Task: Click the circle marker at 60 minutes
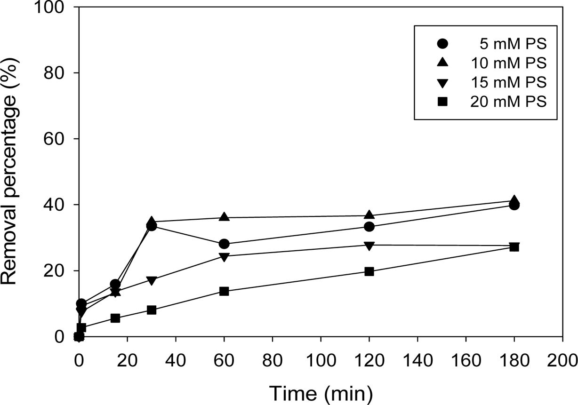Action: pyautogui.click(x=224, y=244)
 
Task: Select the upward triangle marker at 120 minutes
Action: pyautogui.click(x=369, y=215)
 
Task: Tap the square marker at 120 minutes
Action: pyautogui.click(x=369, y=271)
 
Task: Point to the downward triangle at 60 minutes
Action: pyautogui.click(x=224, y=256)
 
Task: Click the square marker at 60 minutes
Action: pyautogui.click(x=224, y=291)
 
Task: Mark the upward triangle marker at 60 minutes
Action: pyautogui.click(x=224, y=217)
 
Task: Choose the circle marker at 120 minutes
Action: pyautogui.click(x=369, y=227)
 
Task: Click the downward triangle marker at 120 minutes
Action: pyautogui.click(x=369, y=245)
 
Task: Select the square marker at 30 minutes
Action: pyautogui.click(x=152, y=310)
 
